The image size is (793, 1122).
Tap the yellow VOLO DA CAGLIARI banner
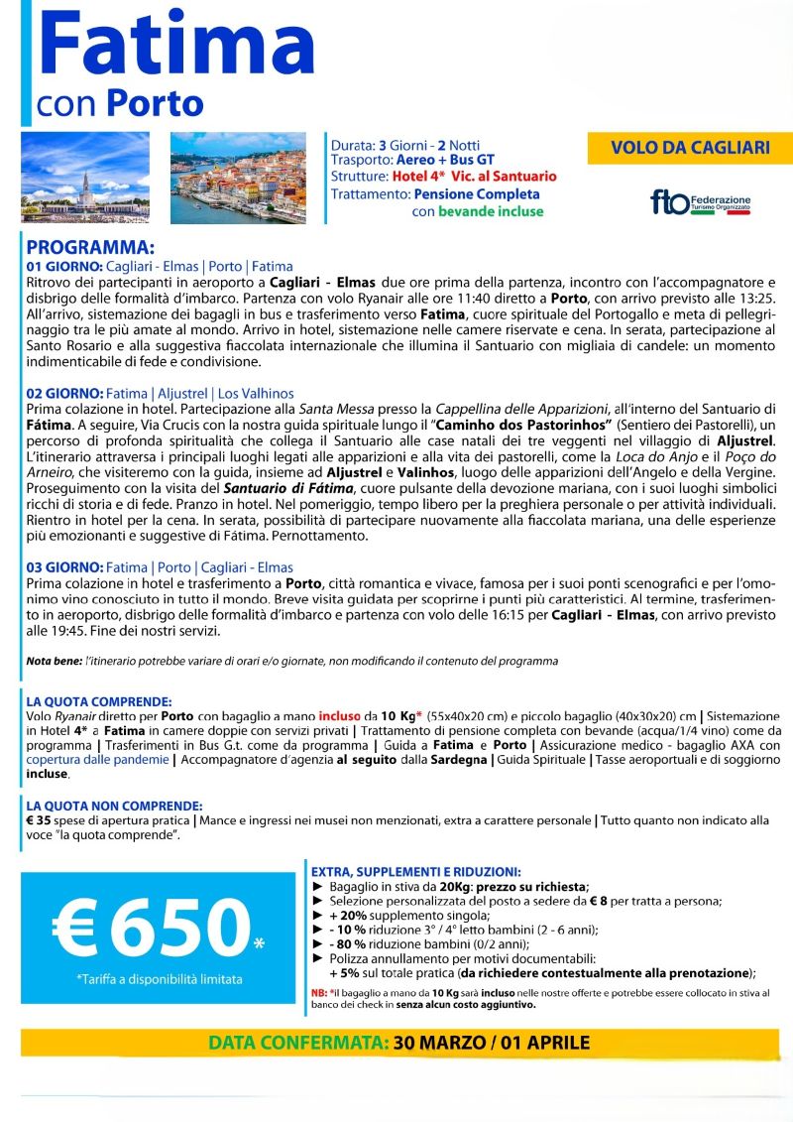click(x=690, y=148)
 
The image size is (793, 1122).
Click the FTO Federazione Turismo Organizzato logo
click(x=700, y=202)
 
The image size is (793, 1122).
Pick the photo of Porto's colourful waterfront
click(x=238, y=178)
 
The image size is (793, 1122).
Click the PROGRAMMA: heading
click(x=90, y=247)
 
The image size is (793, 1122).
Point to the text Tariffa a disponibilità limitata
click(x=159, y=979)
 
